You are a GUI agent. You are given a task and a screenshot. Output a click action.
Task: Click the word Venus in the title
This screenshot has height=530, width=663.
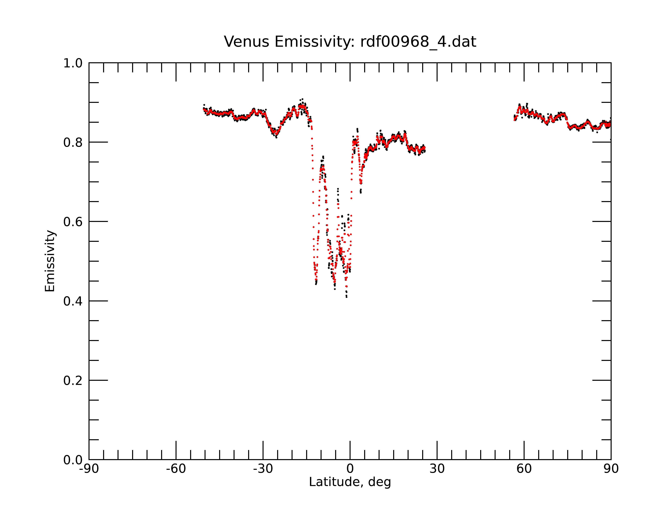[x=247, y=42]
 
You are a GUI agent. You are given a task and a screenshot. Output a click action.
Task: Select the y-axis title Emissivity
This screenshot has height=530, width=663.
[x=50, y=261]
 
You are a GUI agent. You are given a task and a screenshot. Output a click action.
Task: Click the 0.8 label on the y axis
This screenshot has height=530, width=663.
[x=73, y=143]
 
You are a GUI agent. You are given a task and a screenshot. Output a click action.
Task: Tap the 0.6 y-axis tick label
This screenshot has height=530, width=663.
[x=73, y=222]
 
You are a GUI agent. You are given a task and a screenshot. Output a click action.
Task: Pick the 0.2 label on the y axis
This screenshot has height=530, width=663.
[x=73, y=381]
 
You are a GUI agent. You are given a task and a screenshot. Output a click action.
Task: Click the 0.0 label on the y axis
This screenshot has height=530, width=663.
[x=73, y=460]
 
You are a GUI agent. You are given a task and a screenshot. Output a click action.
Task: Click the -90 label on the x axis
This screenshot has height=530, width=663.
[x=89, y=469]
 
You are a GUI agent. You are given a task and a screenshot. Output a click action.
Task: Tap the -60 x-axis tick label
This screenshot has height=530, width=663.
[x=176, y=469]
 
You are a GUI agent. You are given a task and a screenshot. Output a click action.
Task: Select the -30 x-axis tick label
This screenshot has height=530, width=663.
[x=263, y=469]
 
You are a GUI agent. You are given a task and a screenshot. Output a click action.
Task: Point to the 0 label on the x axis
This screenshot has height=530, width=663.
[x=350, y=469]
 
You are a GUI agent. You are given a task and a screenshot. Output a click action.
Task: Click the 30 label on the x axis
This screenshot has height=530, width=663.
[x=437, y=469]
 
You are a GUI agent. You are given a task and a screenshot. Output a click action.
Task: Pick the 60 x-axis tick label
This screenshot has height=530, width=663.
[x=524, y=469]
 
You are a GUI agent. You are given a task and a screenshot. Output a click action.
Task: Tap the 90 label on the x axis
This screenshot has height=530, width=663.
[x=611, y=469]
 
